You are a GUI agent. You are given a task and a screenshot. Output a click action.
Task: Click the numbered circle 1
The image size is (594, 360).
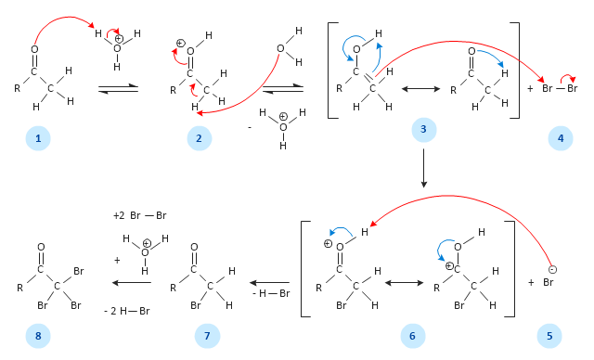(x=38, y=138)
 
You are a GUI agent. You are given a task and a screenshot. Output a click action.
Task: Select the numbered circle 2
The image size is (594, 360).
(x=200, y=138)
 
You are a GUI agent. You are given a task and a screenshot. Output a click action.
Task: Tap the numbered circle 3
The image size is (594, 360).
(x=424, y=130)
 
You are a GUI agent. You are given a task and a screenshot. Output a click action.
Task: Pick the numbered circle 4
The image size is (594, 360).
(x=561, y=138)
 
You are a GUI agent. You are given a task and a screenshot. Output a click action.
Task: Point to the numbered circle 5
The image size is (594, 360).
(x=549, y=336)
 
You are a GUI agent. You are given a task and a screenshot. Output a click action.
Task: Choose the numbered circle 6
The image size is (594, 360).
(x=413, y=336)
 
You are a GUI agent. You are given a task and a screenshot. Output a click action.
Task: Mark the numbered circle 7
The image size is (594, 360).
(x=207, y=336)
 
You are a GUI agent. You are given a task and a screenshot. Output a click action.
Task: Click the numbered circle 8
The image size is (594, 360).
(x=38, y=336)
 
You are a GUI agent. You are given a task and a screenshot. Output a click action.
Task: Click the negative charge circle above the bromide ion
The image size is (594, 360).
(x=552, y=269)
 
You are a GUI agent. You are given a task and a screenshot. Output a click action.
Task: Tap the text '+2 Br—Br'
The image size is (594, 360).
(x=140, y=215)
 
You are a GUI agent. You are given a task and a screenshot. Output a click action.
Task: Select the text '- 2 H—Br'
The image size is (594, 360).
(x=127, y=311)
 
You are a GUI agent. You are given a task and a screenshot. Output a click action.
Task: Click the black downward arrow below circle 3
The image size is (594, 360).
(x=424, y=168)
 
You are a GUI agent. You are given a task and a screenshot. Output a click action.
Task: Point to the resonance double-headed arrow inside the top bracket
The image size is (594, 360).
(x=420, y=89)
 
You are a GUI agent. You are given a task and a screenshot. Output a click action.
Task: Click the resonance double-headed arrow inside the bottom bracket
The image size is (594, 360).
(x=405, y=283)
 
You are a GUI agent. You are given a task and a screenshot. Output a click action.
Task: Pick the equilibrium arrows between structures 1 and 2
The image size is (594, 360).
(x=118, y=89)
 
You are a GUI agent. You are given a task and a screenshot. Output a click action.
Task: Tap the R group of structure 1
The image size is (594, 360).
(x=18, y=88)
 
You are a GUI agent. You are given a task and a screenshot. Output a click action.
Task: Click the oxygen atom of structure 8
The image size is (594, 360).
(x=41, y=247)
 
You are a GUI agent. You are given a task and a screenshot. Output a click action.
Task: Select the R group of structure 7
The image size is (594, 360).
(x=174, y=288)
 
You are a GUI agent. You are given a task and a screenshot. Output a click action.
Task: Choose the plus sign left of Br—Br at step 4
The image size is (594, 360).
(x=530, y=88)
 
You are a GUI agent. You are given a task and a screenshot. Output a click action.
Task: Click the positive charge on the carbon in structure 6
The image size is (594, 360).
(x=449, y=266)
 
